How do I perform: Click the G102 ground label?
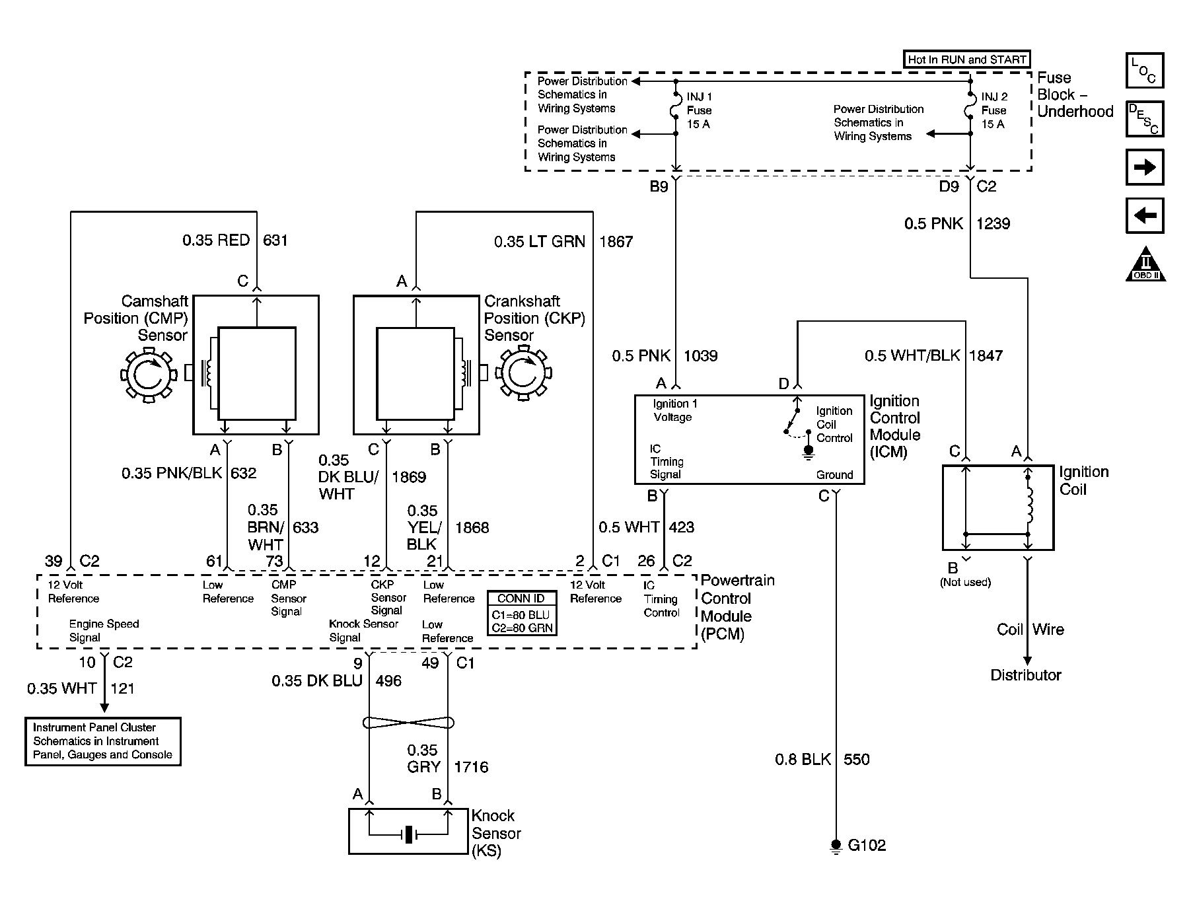(866, 845)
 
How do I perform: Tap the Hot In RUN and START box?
(966, 59)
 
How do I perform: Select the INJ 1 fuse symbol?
(676, 109)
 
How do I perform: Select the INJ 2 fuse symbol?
(970, 109)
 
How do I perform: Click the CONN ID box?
(521, 612)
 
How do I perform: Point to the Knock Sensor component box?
(409, 831)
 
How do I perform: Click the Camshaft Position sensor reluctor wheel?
(149, 375)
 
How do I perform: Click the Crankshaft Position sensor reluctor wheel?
(524, 375)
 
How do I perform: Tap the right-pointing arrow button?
(1144, 167)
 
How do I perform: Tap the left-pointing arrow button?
(1144, 215)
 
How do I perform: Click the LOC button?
(1144, 71)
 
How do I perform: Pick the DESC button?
(1144, 119)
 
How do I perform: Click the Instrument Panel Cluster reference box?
(103, 741)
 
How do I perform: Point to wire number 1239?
(993, 224)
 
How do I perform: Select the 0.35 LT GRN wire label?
(539, 242)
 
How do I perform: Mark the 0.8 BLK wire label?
(803, 760)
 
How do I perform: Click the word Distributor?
(1025, 675)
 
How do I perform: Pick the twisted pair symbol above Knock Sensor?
(409, 723)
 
